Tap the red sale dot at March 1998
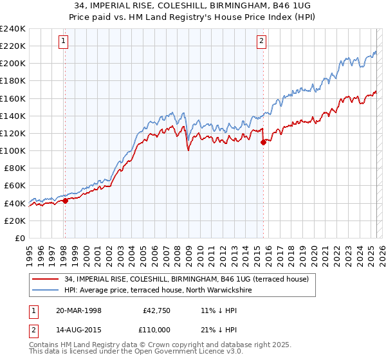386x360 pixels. [x=65, y=201]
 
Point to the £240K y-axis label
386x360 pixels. [x=13, y=29]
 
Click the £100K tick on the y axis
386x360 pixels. [x=13, y=150]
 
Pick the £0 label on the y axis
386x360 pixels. [x=20, y=238]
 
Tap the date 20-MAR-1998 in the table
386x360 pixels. [x=79, y=310]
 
